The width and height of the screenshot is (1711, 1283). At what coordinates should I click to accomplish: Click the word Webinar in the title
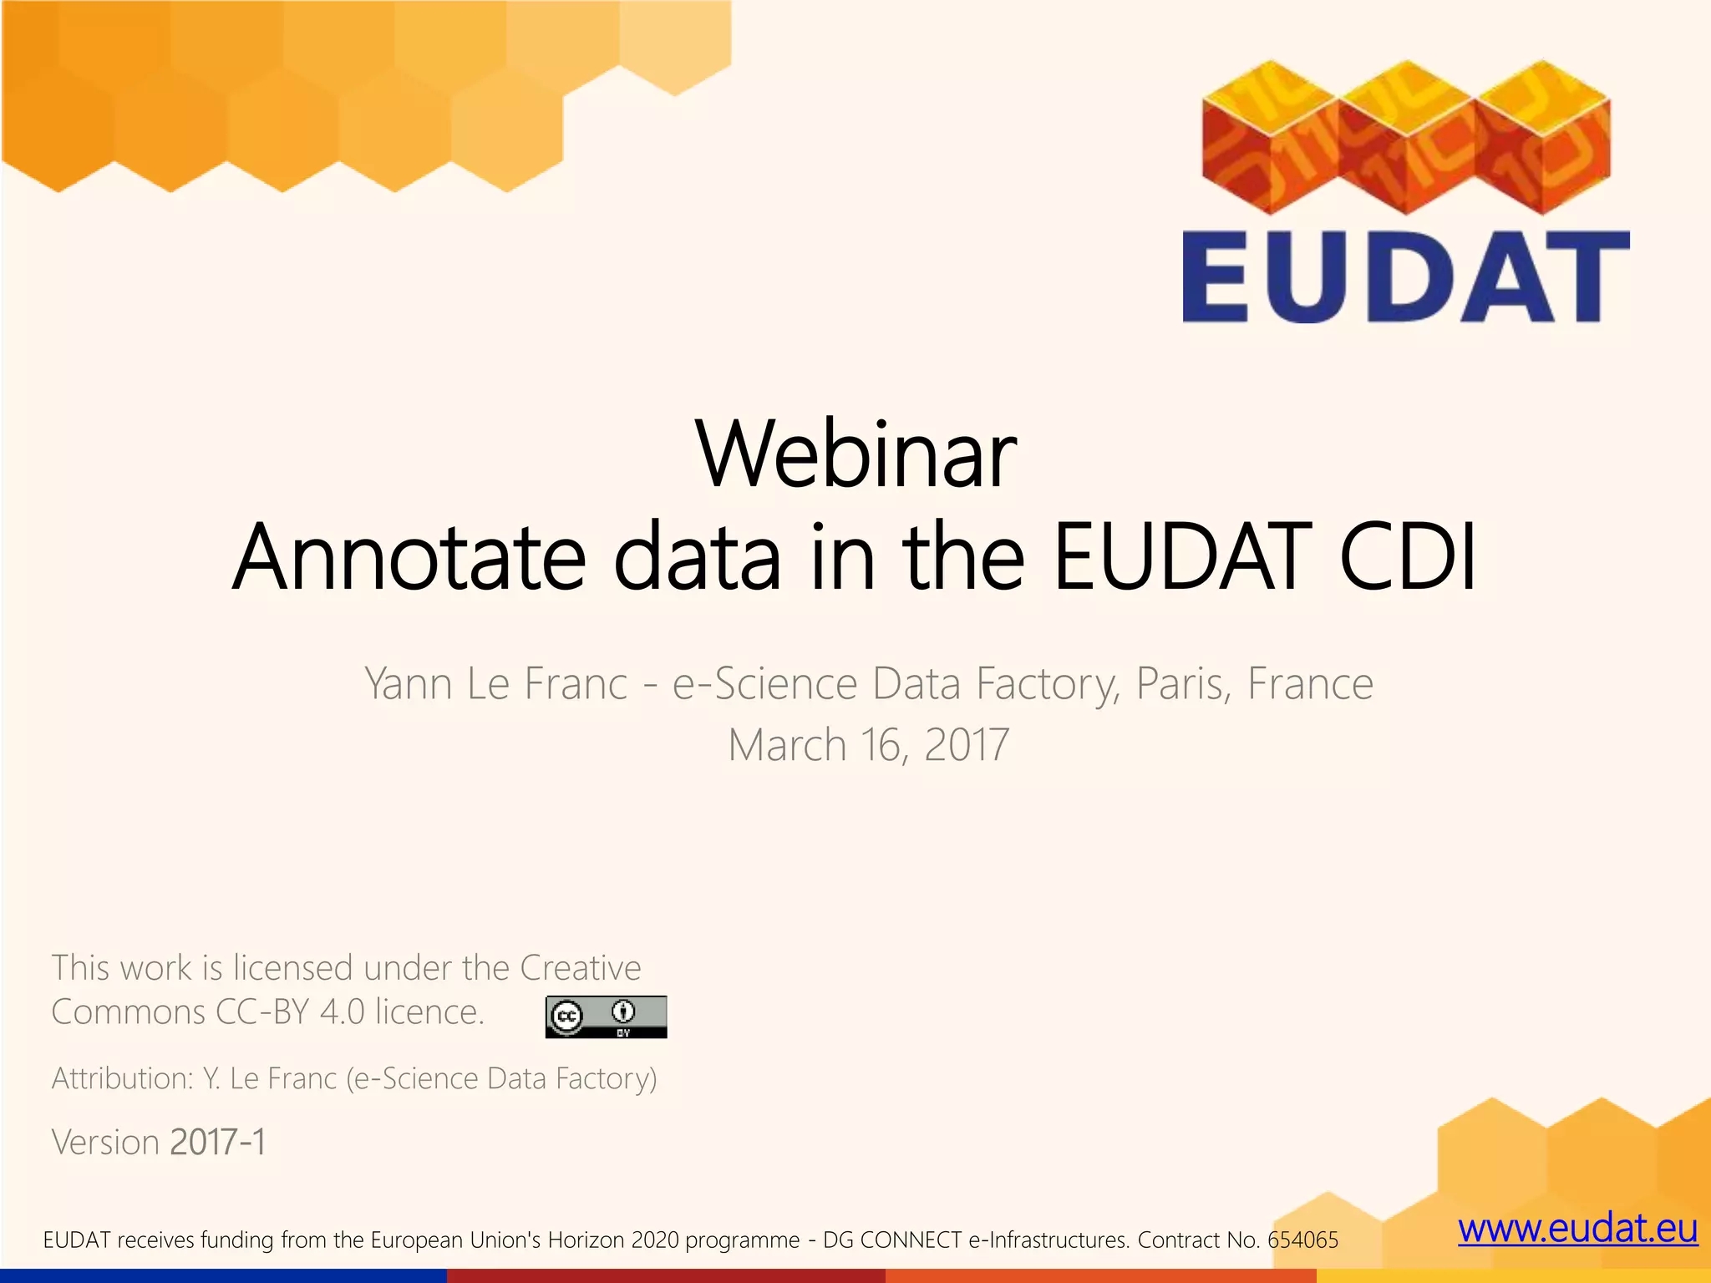coord(855,456)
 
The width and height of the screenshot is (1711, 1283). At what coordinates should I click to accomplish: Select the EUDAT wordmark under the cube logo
coord(1406,277)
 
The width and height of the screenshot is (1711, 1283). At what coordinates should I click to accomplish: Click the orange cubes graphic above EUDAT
coord(1406,138)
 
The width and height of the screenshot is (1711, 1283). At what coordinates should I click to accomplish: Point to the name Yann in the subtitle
coord(408,685)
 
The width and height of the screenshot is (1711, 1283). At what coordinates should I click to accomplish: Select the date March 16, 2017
coord(868,745)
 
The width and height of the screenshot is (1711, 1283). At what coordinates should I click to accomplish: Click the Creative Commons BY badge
coord(606,1017)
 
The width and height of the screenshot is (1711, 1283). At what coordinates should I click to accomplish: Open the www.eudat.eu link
coord(1577,1229)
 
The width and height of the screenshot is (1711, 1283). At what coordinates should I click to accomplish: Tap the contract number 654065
coord(1302,1240)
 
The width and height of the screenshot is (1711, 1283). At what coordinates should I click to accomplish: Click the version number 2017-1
coord(217,1142)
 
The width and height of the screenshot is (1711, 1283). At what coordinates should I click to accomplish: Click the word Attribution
coord(122,1078)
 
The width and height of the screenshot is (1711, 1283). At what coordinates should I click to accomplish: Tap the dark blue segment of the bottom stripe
coord(222,1275)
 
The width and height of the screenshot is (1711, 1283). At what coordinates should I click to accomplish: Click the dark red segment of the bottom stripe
coord(665,1275)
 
